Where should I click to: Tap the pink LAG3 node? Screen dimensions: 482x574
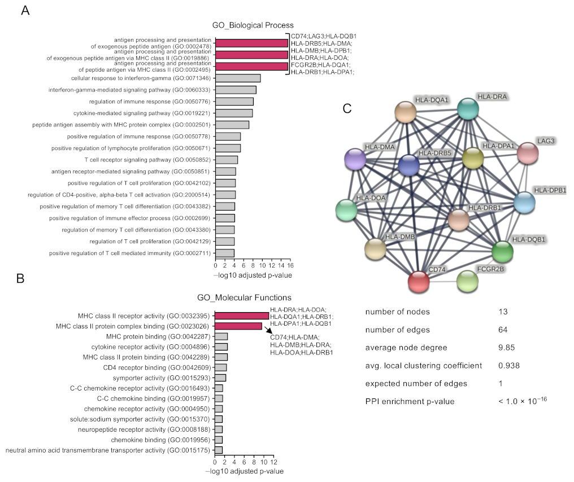pos(528,153)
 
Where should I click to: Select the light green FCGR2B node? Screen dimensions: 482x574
pos(467,281)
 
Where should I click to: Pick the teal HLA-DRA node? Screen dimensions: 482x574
pos(468,109)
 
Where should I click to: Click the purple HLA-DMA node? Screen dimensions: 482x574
pos(356,160)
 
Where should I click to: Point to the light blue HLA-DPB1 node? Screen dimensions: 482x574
pos(524,203)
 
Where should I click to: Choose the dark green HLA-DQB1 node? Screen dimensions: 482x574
pos(502,251)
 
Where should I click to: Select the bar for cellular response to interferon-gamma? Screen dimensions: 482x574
pos(238,78)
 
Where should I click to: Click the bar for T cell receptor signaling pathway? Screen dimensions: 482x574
pos(227,160)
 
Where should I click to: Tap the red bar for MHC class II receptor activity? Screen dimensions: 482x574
pos(242,316)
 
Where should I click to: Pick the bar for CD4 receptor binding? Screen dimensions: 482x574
pos(221,367)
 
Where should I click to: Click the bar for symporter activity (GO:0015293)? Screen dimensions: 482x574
pos(220,378)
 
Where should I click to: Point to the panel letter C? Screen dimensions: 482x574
pos(348,108)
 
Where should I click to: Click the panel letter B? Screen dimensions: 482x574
pos(20,279)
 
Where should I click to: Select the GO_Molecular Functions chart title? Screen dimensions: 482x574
pos(244,297)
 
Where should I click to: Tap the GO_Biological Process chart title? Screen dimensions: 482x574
pos(253,25)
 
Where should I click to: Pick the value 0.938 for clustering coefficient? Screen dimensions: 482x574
pos(508,365)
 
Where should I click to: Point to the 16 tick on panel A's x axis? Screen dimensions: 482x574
pos(289,265)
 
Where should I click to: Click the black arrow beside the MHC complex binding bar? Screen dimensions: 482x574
pos(269,331)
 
